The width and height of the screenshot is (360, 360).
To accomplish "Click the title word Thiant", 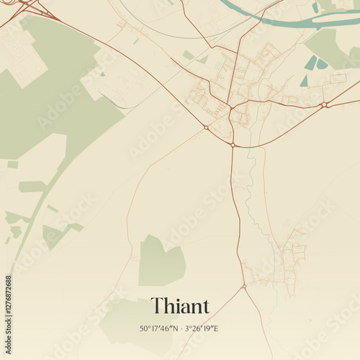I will tap(179, 306).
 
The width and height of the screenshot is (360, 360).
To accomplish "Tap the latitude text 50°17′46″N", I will tap(159, 329).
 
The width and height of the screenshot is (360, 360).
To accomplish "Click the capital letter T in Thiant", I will tap(156, 306).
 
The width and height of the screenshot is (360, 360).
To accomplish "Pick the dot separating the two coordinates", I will tap(181, 329).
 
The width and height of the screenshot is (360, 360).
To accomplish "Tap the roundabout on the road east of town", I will tap(325, 105).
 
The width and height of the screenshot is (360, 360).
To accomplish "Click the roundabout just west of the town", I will tap(206, 127).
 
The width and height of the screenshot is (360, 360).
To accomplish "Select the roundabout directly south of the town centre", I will tap(233, 145).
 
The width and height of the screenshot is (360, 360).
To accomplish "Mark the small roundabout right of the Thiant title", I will tap(244, 286).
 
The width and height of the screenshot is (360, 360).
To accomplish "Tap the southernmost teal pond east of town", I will tap(305, 81).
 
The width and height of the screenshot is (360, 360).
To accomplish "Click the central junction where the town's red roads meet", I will tap(230, 107).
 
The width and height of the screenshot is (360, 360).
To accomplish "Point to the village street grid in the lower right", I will tap(288, 263).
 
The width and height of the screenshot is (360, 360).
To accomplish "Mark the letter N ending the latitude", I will tap(176, 329).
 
